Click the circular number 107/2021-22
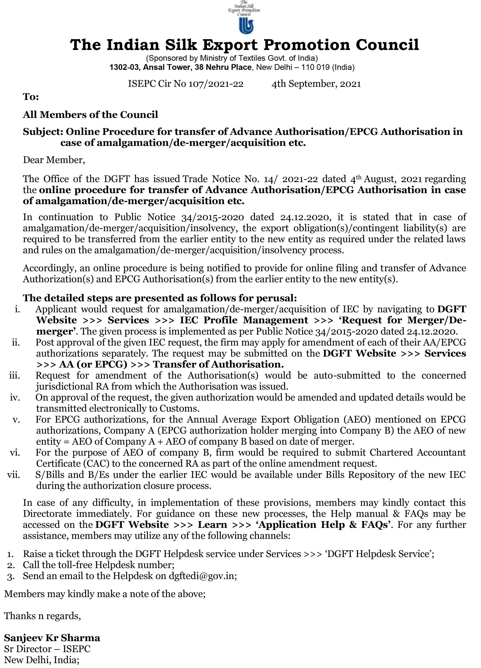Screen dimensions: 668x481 [216, 84]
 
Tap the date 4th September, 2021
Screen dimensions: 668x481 [316, 84]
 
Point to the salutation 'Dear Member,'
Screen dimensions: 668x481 [54, 160]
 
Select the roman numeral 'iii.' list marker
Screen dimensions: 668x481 [15, 376]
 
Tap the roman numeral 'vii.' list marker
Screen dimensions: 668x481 [14, 475]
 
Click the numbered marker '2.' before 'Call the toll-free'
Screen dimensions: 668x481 [11, 565]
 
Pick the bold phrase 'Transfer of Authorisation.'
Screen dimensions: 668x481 [218, 364]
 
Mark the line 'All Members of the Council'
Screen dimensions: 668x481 [90, 115]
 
